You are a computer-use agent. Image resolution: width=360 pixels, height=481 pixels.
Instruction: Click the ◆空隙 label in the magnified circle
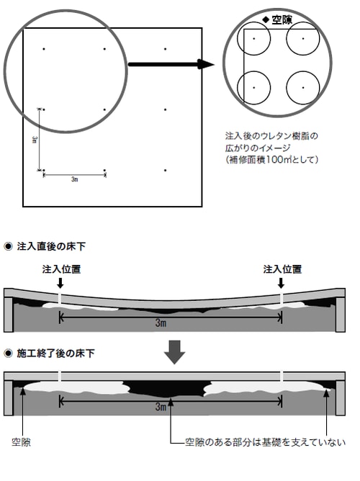[277, 20]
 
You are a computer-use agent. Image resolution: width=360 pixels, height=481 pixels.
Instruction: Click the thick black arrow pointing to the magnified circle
[171, 64]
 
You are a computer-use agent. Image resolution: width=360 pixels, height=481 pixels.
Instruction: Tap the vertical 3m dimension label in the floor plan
[35, 140]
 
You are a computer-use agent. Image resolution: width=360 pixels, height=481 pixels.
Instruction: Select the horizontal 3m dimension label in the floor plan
[74, 179]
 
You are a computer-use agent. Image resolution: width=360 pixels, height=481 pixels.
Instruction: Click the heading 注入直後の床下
[51, 246]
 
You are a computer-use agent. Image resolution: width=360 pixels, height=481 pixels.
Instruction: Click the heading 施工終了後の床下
[55, 354]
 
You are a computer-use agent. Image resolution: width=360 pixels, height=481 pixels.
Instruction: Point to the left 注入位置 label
[61, 269]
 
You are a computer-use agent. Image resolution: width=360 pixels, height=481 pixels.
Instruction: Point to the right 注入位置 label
[282, 269]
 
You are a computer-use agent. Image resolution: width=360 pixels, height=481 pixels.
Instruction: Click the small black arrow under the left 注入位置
[60, 283]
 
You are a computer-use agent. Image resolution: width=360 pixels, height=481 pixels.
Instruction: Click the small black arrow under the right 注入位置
[281, 283]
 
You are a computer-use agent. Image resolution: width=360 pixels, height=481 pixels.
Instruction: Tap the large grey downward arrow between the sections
[174, 352]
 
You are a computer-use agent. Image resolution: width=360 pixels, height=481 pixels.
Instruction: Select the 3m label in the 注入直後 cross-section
[161, 323]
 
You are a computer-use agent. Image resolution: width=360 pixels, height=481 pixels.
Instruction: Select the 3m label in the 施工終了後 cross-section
[161, 407]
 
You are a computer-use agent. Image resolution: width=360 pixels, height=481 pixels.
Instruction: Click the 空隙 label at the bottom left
[21, 442]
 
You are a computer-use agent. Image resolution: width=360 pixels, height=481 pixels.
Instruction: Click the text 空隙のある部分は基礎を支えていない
[266, 442]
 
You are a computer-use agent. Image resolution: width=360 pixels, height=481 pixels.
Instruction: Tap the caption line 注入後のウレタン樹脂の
[271, 135]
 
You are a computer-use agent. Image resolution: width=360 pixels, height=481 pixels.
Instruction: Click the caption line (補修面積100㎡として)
[271, 160]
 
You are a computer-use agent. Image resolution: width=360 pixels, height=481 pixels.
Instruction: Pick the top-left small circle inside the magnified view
[254, 39]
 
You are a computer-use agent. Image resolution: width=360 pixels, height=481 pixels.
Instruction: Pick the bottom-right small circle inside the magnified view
[303, 88]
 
